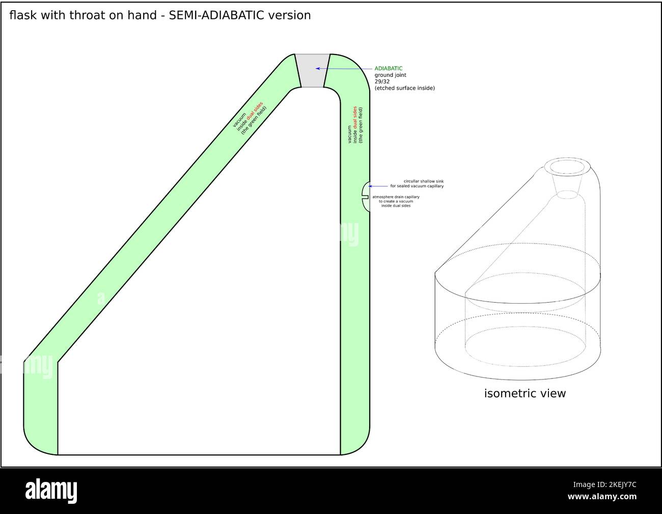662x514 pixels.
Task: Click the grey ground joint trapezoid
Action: point(312,70)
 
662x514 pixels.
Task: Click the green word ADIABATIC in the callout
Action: point(389,68)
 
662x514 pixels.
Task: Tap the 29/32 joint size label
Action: point(382,82)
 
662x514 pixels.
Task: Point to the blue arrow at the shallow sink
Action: point(378,186)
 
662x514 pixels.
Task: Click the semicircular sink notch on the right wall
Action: point(365,196)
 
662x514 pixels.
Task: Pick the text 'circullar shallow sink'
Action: point(423,181)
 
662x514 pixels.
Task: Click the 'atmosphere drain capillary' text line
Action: point(396,197)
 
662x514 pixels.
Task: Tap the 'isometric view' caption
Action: point(525,393)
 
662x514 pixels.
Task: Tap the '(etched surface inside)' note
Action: point(404,88)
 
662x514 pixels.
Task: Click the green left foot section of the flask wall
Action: point(41,408)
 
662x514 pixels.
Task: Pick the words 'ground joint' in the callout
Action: point(390,75)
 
